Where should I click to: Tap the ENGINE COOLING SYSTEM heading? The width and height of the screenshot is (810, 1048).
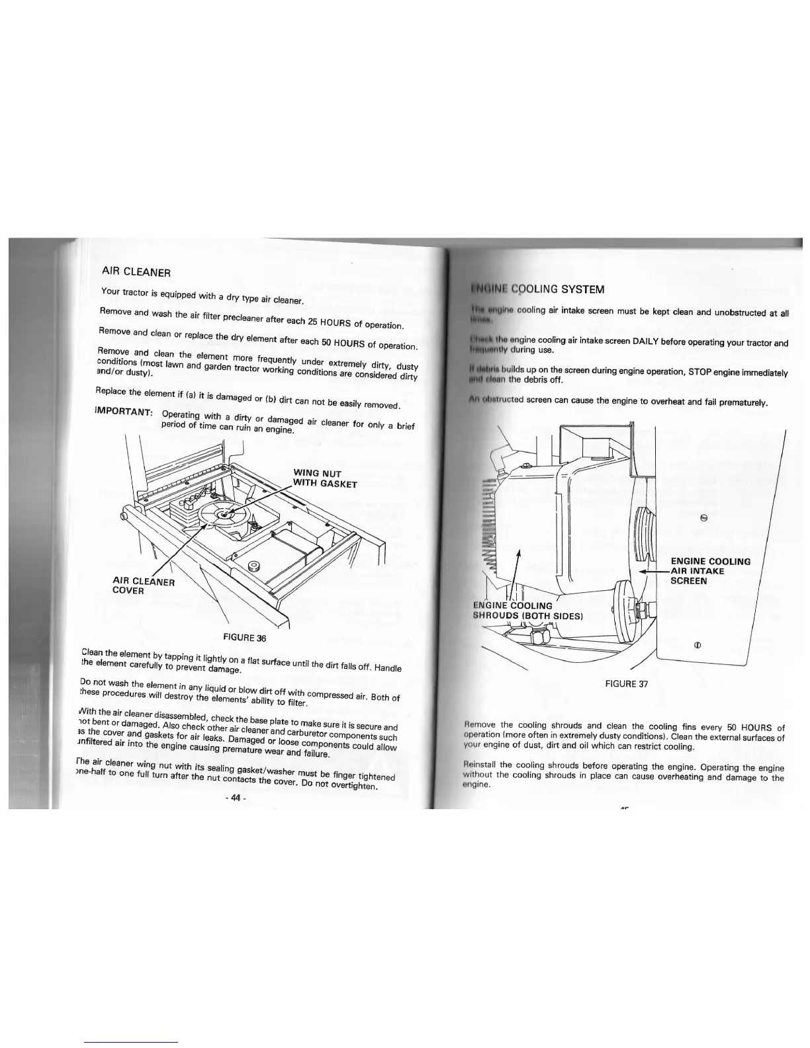[537, 289]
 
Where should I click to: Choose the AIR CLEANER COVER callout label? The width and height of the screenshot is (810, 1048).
[144, 586]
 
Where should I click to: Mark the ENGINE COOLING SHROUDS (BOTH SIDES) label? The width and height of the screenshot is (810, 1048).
[527, 610]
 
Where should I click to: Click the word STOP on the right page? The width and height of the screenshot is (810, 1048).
[701, 372]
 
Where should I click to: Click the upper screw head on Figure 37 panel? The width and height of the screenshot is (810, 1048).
[704, 518]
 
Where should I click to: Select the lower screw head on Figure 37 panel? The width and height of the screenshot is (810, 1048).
[697, 644]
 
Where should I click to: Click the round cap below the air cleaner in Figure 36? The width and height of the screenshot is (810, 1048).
[253, 566]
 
